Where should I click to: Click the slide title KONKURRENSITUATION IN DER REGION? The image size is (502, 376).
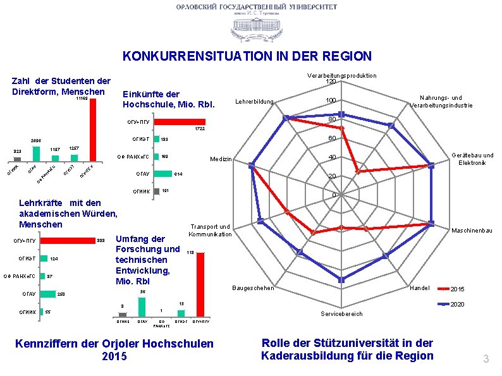tap(247, 56)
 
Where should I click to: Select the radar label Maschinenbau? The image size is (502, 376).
tap(472, 231)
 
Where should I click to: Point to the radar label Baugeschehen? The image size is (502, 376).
tap(254, 288)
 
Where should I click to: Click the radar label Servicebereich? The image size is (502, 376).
tap(342, 313)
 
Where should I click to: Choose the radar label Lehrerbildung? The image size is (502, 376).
tap(254, 102)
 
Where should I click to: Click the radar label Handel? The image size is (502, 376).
tap(420, 288)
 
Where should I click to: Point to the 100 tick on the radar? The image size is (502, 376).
tap(331, 101)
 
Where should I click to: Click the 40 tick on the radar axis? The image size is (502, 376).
tap(331, 158)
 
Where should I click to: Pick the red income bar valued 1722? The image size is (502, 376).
tap(180, 122)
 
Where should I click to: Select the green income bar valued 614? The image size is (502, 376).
tap(162, 173)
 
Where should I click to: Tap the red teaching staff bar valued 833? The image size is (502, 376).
tap(66, 241)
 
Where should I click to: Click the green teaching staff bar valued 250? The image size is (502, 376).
tap(47, 294)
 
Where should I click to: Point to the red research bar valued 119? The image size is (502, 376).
tap(200, 284)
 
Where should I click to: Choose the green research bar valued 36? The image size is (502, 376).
tap(142, 306)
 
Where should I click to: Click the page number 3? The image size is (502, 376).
tap(486, 360)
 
